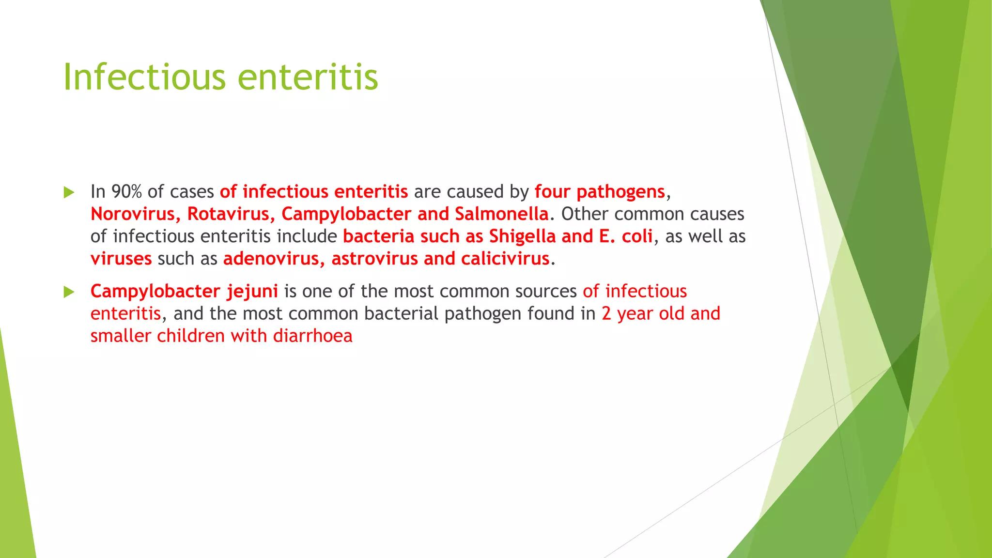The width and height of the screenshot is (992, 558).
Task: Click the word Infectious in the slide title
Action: pos(144,77)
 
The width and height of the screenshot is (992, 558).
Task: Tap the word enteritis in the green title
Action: pos(308,77)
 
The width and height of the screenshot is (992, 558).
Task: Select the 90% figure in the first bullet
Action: pos(126,192)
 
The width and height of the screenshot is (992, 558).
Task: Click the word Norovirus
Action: pos(132,214)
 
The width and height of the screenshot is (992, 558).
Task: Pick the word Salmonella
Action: pos(501,214)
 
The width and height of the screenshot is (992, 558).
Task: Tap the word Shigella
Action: pos(522,236)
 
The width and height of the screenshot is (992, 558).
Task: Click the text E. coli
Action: pos(626,236)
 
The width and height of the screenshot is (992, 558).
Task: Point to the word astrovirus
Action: pos(374,259)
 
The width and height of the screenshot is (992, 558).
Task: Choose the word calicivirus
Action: pos(505,259)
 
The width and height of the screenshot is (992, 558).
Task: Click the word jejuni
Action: pos(252,292)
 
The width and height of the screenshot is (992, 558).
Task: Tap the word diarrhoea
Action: pos(312,336)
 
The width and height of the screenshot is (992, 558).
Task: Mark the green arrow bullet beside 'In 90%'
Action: pos(69,192)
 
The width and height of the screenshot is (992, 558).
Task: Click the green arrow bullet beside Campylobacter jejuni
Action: pos(69,292)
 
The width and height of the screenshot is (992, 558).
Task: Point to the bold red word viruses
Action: pos(121,259)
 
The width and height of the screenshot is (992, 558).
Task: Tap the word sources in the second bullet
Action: pos(546,292)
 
